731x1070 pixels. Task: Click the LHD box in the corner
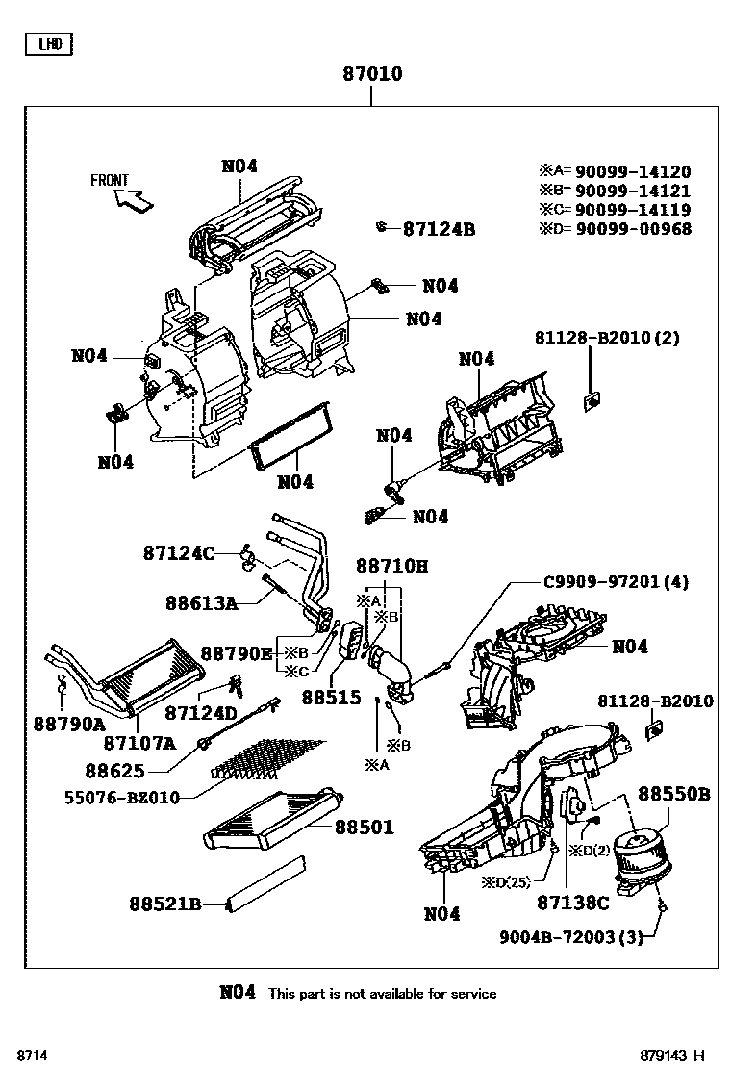pyautogui.click(x=48, y=43)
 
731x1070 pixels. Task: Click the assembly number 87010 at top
pyautogui.click(x=372, y=74)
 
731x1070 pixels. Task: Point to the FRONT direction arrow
pyautogui.click(x=131, y=197)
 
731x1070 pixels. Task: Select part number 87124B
pyautogui.click(x=439, y=229)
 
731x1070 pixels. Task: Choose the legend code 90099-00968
pyautogui.click(x=633, y=228)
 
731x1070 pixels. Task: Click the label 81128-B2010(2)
pyautogui.click(x=607, y=338)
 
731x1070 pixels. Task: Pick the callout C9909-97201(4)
pyautogui.click(x=616, y=582)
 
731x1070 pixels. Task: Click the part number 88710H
pyautogui.click(x=391, y=566)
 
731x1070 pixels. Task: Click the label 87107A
pyautogui.click(x=139, y=743)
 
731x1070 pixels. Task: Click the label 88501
pyautogui.click(x=365, y=827)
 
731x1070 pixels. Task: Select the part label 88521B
pyautogui.click(x=164, y=904)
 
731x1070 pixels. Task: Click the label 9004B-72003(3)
pyautogui.click(x=570, y=936)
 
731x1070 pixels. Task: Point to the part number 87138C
pyautogui.click(x=572, y=903)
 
